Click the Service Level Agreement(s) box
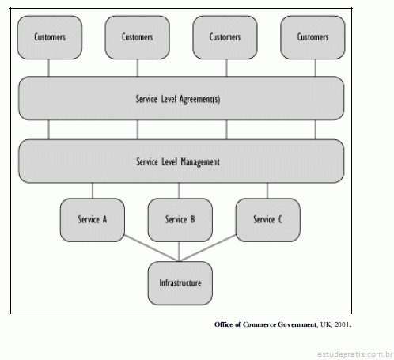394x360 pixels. (181, 98)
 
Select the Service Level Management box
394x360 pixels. (181, 161)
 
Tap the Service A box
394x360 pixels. (93, 220)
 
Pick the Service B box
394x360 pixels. (180, 220)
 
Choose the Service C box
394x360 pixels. (268, 220)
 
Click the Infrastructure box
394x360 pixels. (180, 283)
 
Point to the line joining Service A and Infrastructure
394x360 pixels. (152, 248)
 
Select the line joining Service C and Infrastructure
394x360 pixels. (208, 248)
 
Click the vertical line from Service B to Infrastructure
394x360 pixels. (180, 252)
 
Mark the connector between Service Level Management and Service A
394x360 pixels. (93, 191)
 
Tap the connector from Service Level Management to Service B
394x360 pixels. (180, 191)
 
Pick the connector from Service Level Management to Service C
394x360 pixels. (267, 191)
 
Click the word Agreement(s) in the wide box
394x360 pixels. (199, 100)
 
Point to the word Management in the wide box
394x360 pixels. (200, 162)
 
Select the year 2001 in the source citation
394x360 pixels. (342, 324)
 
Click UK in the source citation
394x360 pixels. (326, 324)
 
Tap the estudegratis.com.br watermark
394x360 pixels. (355, 354)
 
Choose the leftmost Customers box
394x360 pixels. (50, 37)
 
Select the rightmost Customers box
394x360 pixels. (313, 37)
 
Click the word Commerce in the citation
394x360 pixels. (259, 324)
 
